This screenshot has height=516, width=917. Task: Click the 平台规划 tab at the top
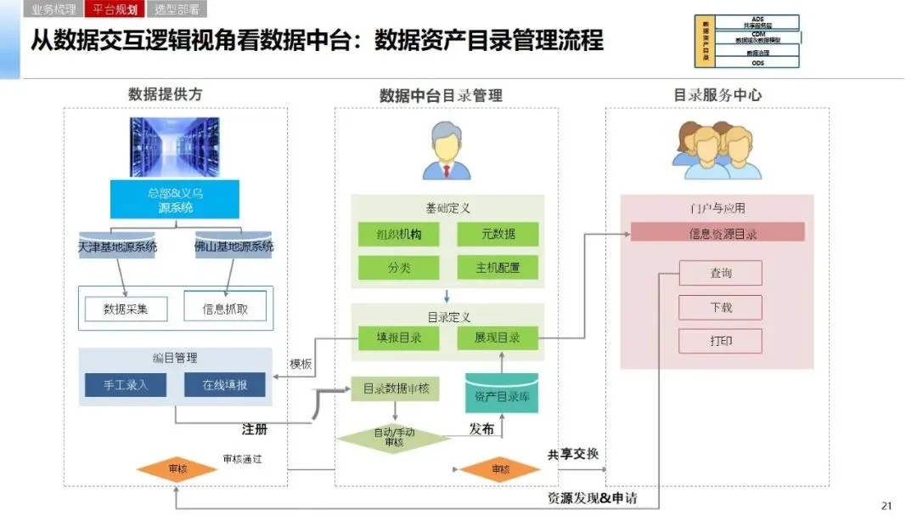115,10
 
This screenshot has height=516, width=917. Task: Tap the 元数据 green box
498,234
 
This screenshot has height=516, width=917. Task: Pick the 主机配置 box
498,268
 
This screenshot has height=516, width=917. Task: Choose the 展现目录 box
498,337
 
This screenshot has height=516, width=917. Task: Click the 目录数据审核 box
396,388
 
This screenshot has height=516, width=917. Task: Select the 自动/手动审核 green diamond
394,437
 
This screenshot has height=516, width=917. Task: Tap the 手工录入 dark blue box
126,384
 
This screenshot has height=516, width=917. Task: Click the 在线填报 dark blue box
225,384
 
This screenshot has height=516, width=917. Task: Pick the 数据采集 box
126,309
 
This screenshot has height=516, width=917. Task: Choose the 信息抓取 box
225,309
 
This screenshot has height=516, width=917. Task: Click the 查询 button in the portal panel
720,273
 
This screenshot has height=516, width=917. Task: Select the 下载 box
720,307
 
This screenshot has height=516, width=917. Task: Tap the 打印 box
720,341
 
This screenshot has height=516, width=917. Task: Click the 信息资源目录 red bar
717,232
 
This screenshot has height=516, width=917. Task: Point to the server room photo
174,147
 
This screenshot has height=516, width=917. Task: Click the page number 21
886,506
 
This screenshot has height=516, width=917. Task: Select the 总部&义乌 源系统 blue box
175,199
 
